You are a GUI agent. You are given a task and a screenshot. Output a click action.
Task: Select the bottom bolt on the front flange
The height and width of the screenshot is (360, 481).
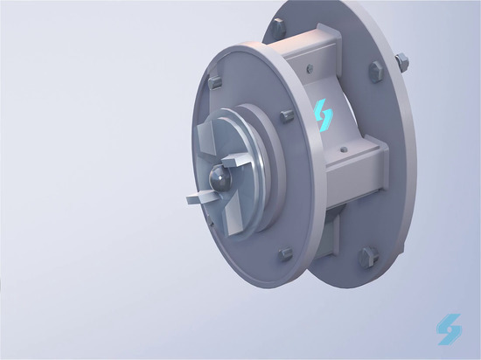(285, 255)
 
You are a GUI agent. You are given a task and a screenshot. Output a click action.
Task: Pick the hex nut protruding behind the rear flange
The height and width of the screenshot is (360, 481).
(403, 61)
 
